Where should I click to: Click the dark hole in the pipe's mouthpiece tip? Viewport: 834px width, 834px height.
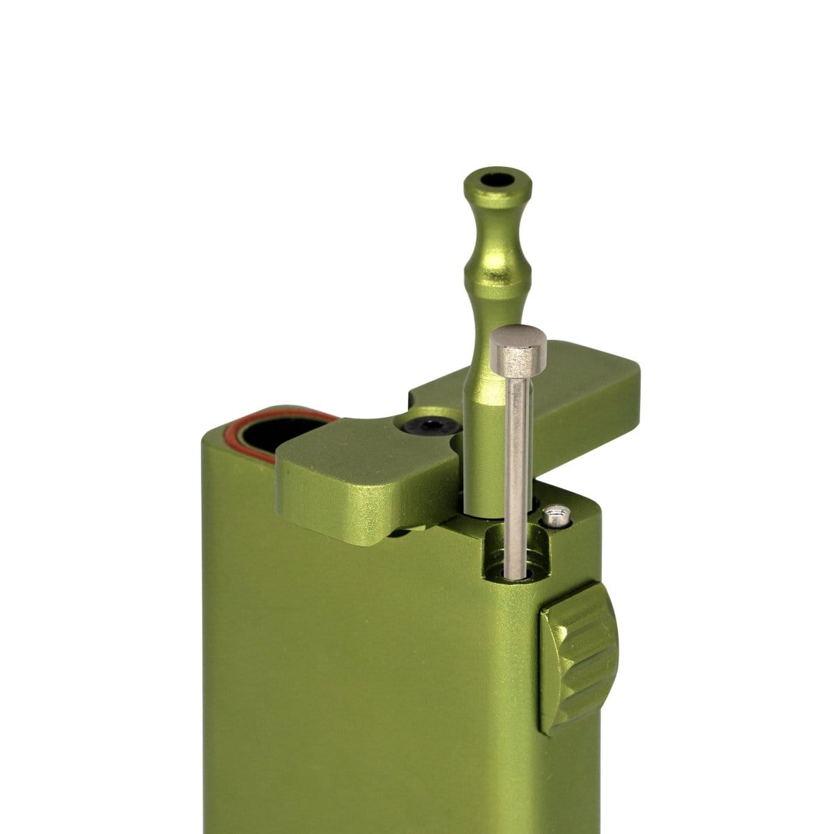point(498,179)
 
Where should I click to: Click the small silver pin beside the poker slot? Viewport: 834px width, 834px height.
point(554,516)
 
